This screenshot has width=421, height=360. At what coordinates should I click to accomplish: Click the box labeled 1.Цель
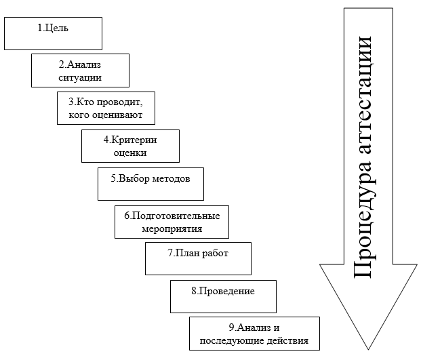pyautogui.click(x=53, y=33)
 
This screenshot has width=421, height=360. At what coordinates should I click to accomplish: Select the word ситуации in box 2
pyautogui.click(x=80, y=77)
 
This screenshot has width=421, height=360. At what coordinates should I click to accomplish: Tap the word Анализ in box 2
pyautogui.click(x=84, y=64)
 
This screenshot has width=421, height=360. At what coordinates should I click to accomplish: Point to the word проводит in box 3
pyautogui.click(x=119, y=102)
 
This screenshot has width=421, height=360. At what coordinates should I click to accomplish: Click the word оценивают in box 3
pyautogui.click(x=117, y=115)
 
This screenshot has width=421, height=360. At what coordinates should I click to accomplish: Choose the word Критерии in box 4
pyautogui.click(x=134, y=140)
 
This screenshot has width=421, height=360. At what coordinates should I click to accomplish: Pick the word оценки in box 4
pyautogui.click(x=130, y=153)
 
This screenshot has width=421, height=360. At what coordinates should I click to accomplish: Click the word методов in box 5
pyautogui.click(x=172, y=178)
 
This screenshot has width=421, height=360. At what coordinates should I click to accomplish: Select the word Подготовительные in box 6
pyautogui.click(x=176, y=216)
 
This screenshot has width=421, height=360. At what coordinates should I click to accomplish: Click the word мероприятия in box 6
pyautogui.click(x=172, y=229)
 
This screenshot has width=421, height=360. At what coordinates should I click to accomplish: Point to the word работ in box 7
pyautogui.click(x=215, y=253)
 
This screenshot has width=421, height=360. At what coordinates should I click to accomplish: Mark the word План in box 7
pyautogui.click(x=186, y=253)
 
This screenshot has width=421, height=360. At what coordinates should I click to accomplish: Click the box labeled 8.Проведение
pyautogui.click(x=224, y=297)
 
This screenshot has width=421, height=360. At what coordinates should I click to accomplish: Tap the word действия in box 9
pyautogui.click(x=287, y=341)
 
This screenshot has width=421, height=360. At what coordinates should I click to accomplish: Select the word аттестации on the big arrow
pyautogui.click(x=364, y=95)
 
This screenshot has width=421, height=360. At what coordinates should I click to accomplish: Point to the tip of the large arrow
pyautogui.click(x=368, y=350)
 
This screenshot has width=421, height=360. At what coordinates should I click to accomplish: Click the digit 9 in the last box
pyautogui.click(x=232, y=327)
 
